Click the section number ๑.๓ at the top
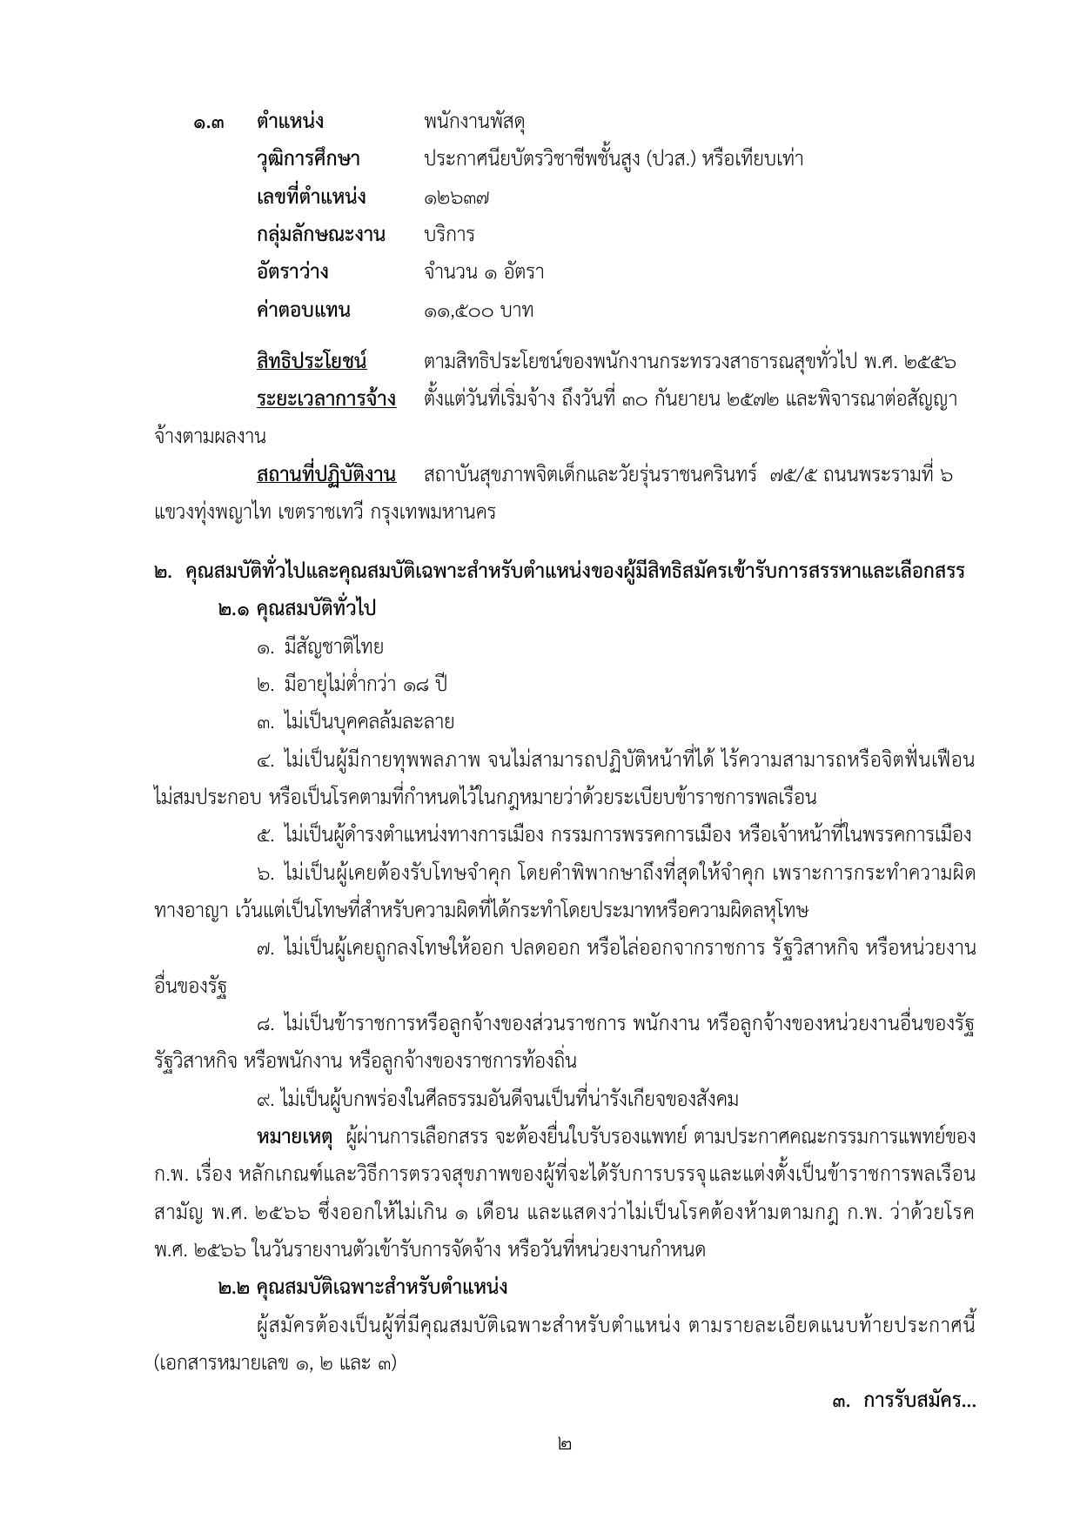tap(208, 123)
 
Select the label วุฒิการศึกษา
tap(308, 159)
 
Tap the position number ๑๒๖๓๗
tap(457, 197)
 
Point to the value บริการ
tap(449, 235)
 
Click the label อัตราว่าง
tap(292, 272)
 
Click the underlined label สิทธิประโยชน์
tap(312, 360)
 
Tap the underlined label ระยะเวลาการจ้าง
tap(326, 399)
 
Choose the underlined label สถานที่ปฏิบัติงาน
tap(326, 475)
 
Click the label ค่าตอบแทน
tap(303, 311)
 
